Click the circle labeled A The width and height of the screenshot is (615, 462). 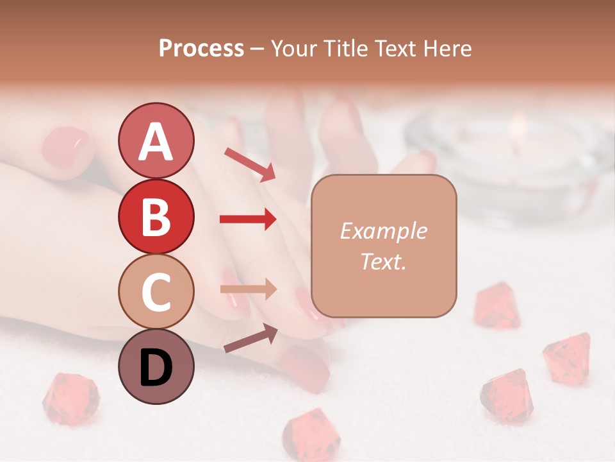[x=156, y=141]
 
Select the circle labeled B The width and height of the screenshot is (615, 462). [x=156, y=216]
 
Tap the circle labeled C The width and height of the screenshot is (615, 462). [x=156, y=291]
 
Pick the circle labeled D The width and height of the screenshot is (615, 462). [x=156, y=367]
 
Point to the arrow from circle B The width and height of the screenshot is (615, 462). [x=248, y=219]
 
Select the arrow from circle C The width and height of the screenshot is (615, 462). [x=248, y=289]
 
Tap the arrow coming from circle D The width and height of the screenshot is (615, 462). [x=250, y=338]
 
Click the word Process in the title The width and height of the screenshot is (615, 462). [x=201, y=49]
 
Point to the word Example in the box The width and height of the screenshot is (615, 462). [x=383, y=232]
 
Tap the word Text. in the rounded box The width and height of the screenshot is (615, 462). [x=383, y=262]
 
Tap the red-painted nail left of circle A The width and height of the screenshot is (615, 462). [x=65, y=146]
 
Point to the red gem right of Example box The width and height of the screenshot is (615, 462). [x=497, y=306]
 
